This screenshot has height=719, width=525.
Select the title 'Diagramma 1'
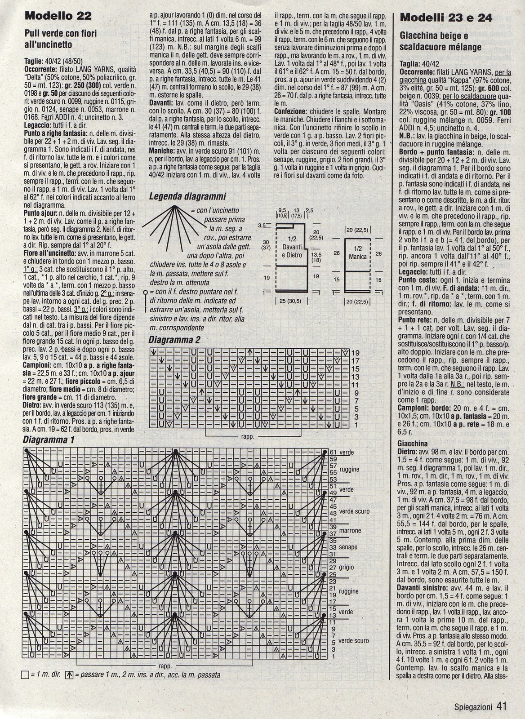(x=49, y=440)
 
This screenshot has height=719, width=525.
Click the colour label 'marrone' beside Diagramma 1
(x=351, y=531)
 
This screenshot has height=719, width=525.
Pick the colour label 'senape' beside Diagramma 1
(x=349, y=547)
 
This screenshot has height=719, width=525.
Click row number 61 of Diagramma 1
(x=333, y=452)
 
